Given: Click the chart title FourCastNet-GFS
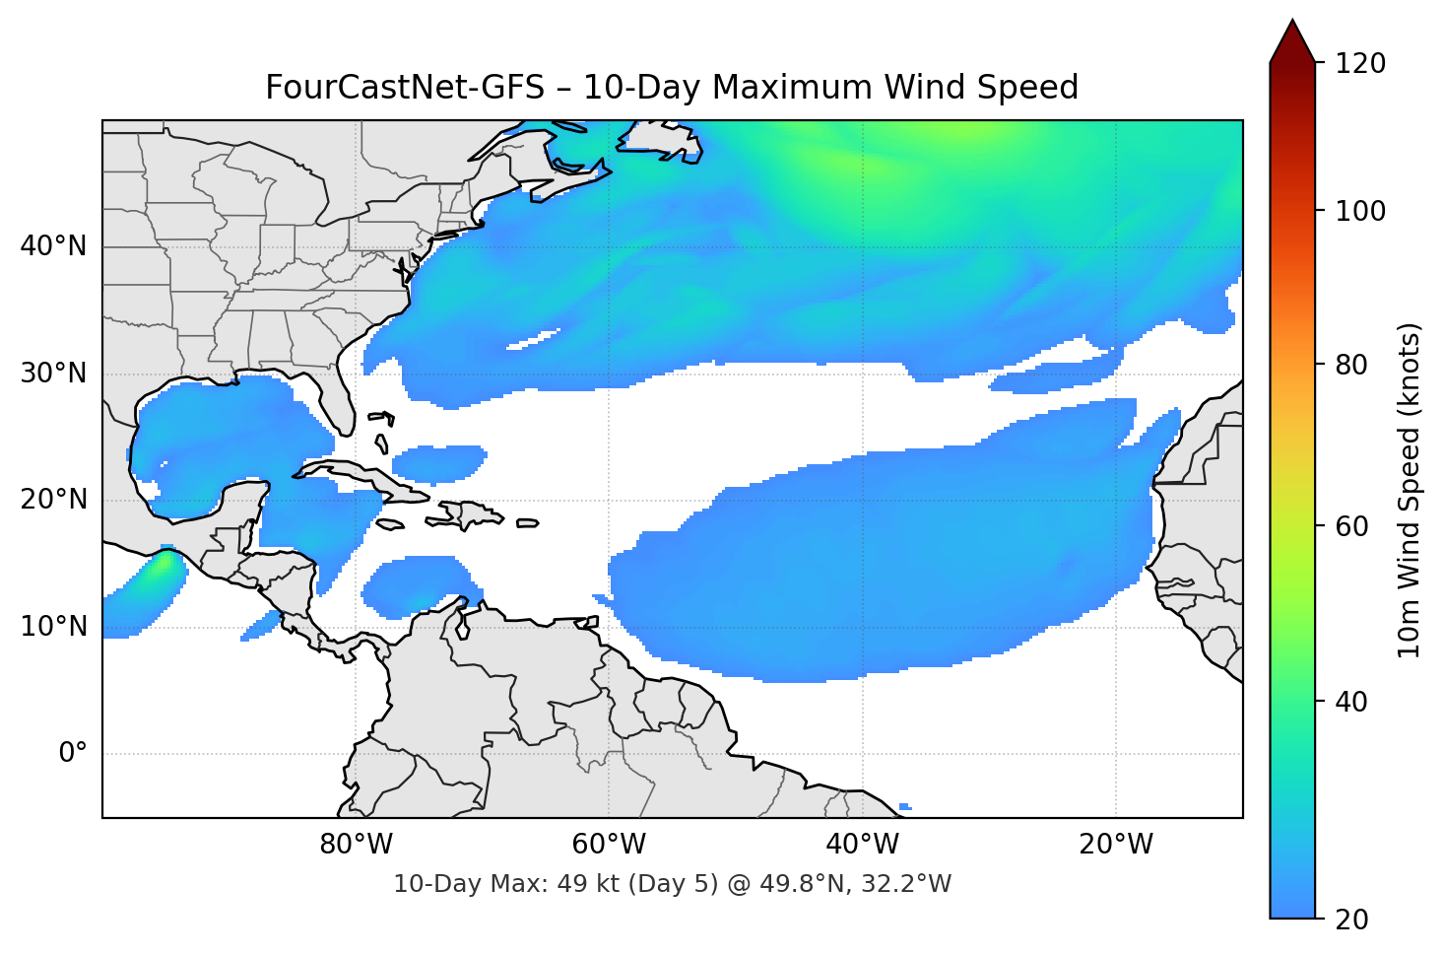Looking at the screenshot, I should (x=672, y=88).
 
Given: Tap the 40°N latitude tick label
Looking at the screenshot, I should (x=53, y=246).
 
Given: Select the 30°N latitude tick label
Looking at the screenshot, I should (x=53, y=374).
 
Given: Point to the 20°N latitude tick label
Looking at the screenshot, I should (x=53, y=500).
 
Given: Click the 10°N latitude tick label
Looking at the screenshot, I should (x=53, y=627).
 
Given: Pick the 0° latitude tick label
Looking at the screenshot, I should (x=73, y=754).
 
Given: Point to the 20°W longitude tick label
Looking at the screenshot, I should (x=1115, y=845).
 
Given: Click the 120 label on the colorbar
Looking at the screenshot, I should (x=1360, y=63).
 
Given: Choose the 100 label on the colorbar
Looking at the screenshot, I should (x=1360, y=211).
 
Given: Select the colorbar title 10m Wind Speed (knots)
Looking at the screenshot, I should (x=1410, y=491).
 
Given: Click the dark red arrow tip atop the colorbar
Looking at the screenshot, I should (x=1292, y=41).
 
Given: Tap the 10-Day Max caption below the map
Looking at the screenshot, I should (x=672, y=884).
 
